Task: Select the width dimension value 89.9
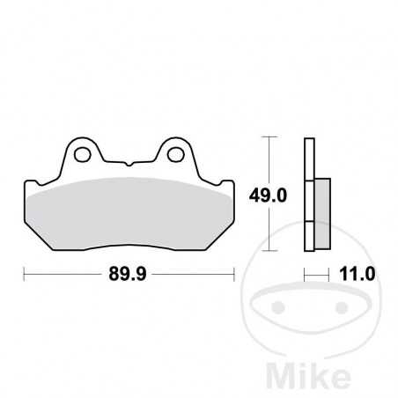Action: (129, 274)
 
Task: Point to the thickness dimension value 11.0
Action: (355, 274)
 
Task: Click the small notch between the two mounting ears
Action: (129, 164)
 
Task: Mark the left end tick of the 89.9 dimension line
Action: (23, 274)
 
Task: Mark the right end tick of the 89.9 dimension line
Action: (234, 274)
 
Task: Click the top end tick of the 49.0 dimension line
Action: (271, 137)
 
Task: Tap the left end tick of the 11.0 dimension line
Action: (304, 274)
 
